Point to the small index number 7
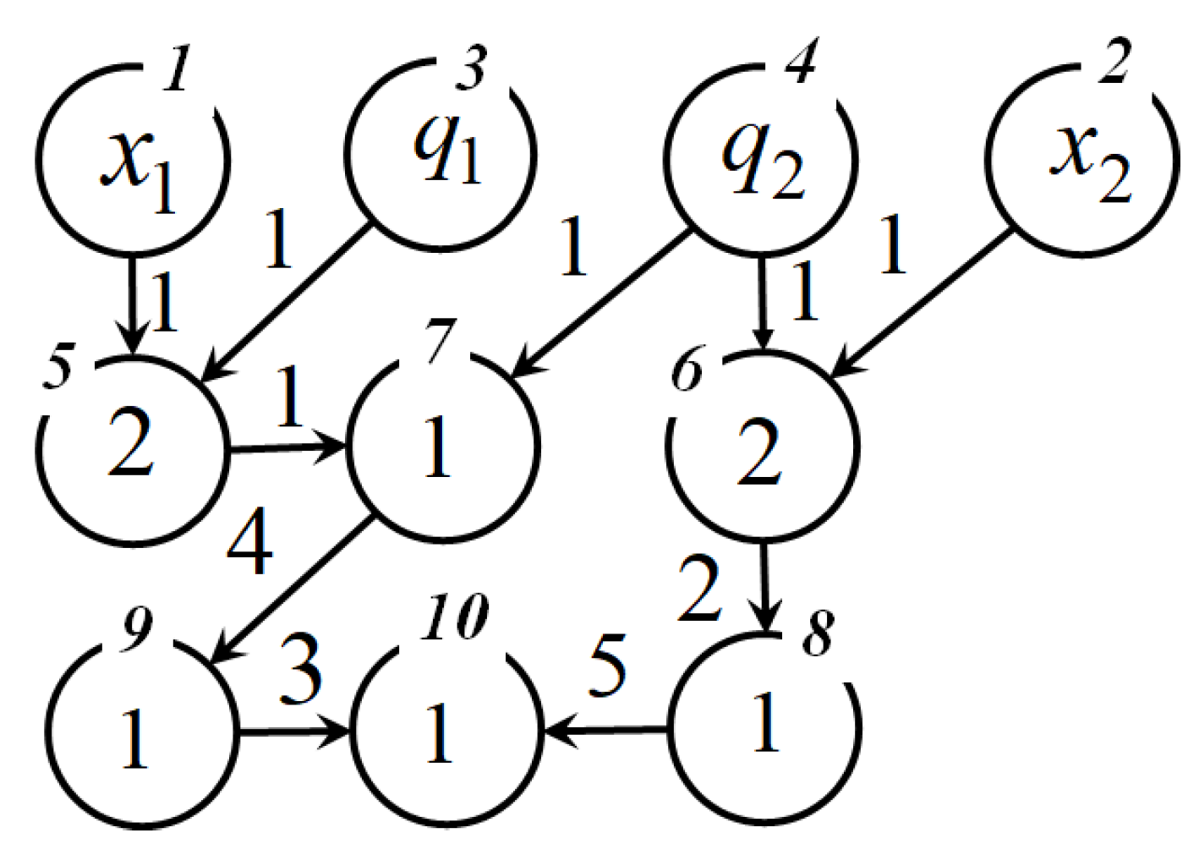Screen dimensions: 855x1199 [441, 341]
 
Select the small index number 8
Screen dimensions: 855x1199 [817, 632]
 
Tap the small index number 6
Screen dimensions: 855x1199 [687, 370]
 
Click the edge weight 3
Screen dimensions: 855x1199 [301, 672]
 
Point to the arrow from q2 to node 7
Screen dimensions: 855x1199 [604, 301]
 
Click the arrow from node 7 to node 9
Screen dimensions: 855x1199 [292, 589]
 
